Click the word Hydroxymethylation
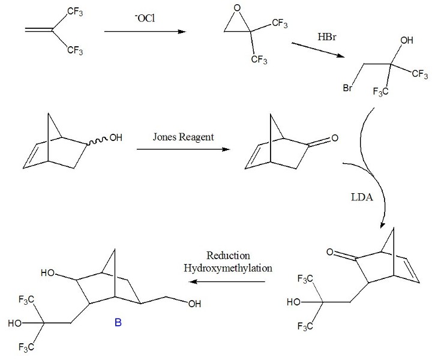227,268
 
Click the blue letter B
118,325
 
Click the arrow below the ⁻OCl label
143,32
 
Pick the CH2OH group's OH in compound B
194,304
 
